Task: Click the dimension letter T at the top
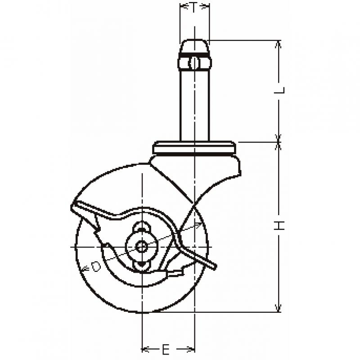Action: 193,7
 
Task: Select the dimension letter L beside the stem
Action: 279,90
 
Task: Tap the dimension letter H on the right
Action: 279,226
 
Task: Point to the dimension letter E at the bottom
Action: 166,350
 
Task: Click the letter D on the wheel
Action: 96,267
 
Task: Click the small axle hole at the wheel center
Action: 141,247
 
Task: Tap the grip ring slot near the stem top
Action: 194,63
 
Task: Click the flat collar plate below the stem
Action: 194,147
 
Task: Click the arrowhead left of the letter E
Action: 145,350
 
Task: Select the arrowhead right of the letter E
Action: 190,350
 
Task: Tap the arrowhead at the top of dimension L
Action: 279,44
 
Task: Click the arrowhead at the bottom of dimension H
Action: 279,308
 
